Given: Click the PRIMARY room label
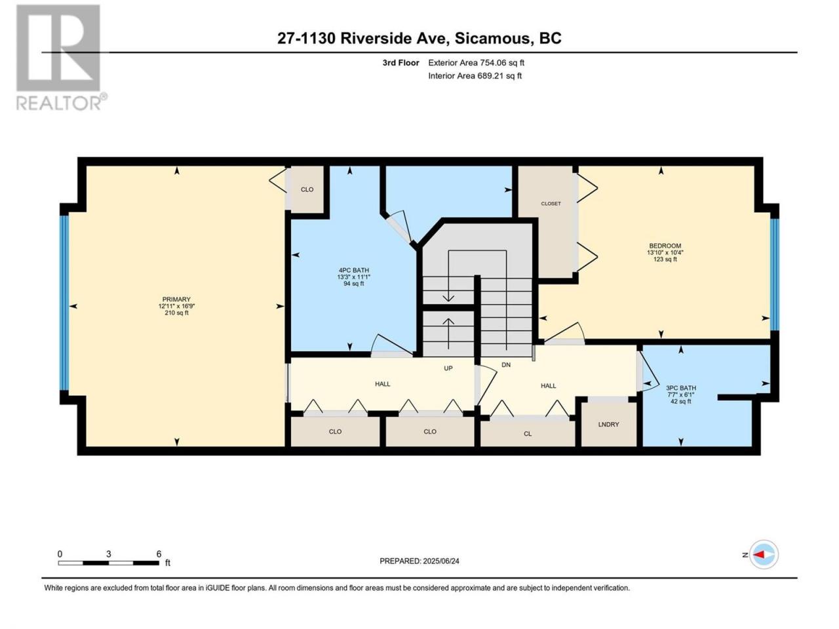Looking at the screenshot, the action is (176, 299).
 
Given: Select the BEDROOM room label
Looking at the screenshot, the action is (665, 246).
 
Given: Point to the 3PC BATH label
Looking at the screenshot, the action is (681, 388).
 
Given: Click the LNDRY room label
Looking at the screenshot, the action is (608, 425).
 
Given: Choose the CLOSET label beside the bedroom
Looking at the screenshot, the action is (551, 204).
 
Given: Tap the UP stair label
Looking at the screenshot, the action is (448, 368).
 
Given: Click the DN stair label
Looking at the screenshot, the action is (505, 365).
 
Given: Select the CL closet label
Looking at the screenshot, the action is (528, 434).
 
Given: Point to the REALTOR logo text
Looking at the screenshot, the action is (59, 103).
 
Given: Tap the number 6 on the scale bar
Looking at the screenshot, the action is (159, 554).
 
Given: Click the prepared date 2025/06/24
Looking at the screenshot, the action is (440, 561).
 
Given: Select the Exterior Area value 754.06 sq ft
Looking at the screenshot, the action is (502, 63).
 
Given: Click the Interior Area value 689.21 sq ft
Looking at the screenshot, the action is (499, 75).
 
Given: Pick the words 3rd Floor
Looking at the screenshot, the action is (400, 63).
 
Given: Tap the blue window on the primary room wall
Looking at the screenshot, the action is (65, 303).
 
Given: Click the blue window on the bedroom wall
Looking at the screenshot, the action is (774, 275).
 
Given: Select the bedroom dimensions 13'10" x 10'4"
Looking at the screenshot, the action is (665, 252).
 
